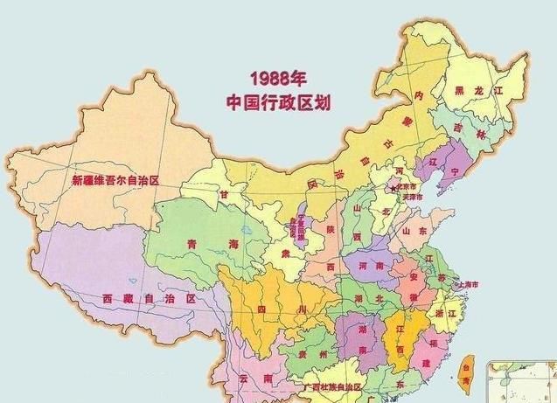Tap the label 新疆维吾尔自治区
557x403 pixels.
coord(115,180)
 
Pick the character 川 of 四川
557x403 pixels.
coord(302,309)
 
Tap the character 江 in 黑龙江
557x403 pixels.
coord(498,91)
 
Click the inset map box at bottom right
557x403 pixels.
coord(523,382)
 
